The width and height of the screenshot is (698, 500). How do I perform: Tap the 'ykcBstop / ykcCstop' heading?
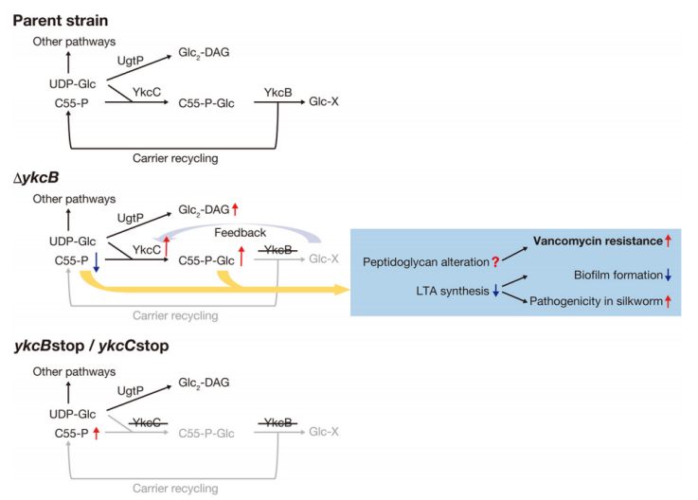tap(91, 347)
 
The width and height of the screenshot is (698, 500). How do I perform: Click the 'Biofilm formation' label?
tap(617, 275)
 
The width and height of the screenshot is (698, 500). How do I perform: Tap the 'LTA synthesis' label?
tap(445, 291)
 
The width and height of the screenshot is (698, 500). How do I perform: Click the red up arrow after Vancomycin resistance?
tap(667, 241)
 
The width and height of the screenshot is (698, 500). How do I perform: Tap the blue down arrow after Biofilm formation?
tap(667, 275)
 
